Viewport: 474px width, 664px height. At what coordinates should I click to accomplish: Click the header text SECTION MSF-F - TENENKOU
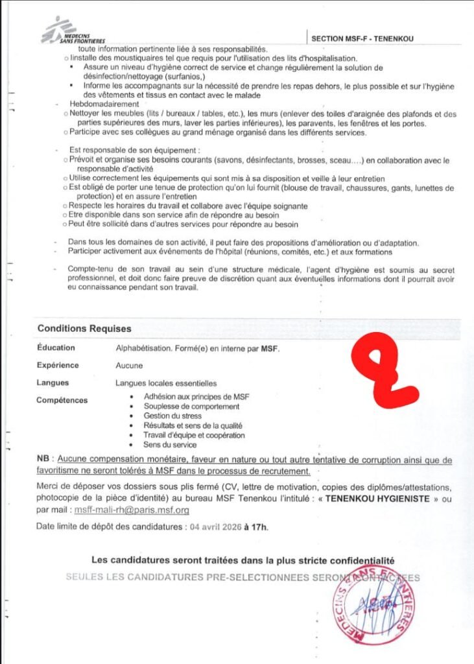point(362,39)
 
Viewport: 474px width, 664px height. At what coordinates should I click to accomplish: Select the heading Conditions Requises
point(84,329)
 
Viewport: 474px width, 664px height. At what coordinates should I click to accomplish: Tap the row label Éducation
point(56,348)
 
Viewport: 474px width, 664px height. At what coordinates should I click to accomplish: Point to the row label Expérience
point(58,366)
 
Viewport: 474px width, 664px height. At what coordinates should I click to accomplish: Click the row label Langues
point(53,383)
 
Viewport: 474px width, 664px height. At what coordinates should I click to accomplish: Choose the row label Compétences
point(62,400)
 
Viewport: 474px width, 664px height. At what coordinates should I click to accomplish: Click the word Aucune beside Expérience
point(129,366)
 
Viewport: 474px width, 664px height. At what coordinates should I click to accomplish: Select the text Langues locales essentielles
point(166,383)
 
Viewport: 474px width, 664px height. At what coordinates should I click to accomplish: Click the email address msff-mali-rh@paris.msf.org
point(132,510)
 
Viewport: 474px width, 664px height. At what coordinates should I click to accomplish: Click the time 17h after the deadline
point(259,527)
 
